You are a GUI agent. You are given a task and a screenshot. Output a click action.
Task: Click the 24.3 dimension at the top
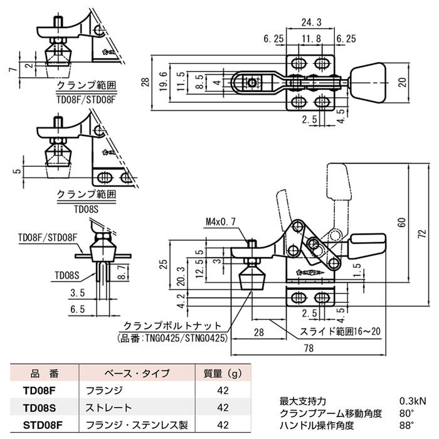point(308,23)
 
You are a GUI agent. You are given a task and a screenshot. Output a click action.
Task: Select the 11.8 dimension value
point(308,38)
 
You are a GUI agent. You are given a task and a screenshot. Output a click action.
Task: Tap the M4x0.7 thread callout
point(220,222)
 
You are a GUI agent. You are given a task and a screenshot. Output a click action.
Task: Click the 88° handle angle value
point(407,425)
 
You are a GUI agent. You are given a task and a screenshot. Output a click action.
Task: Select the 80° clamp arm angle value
point(407,413)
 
